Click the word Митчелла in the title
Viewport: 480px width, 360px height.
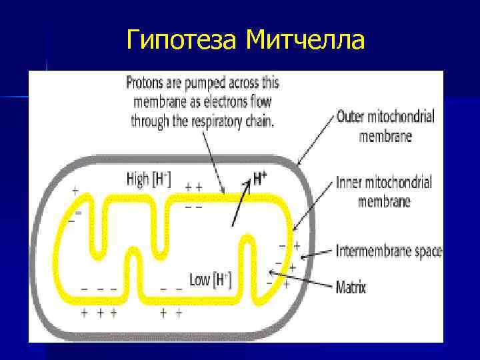click(305, 41)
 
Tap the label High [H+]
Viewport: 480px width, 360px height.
click(149, 179)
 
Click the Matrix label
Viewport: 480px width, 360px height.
click(351, 288)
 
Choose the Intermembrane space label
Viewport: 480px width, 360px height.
click(389, 251)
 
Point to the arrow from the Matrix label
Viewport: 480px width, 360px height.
click(300, 279)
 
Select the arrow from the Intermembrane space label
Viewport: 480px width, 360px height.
click(317, 254)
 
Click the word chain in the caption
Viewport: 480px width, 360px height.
click(260, 121)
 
